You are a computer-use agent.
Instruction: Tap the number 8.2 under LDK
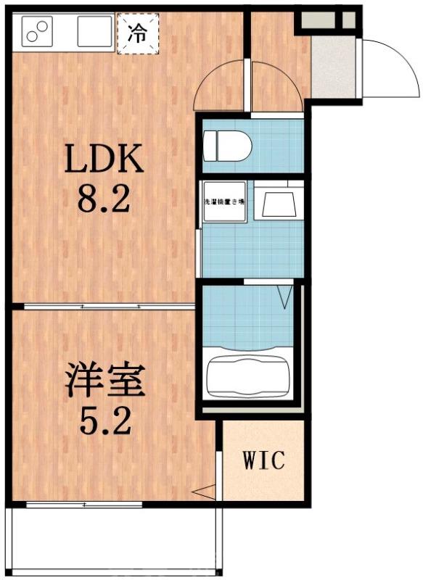(x=104, y=197)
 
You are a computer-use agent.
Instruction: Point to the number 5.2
(x=104, y=419)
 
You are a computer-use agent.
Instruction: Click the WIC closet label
(x=263, y=460)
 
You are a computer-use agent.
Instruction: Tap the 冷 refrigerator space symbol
(x=137, y=32)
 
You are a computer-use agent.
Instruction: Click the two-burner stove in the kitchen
(x=34, y=30)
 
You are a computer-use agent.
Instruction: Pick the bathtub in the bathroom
(x=248, y=376)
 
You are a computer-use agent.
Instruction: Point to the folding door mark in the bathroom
(x=284, y=295)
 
